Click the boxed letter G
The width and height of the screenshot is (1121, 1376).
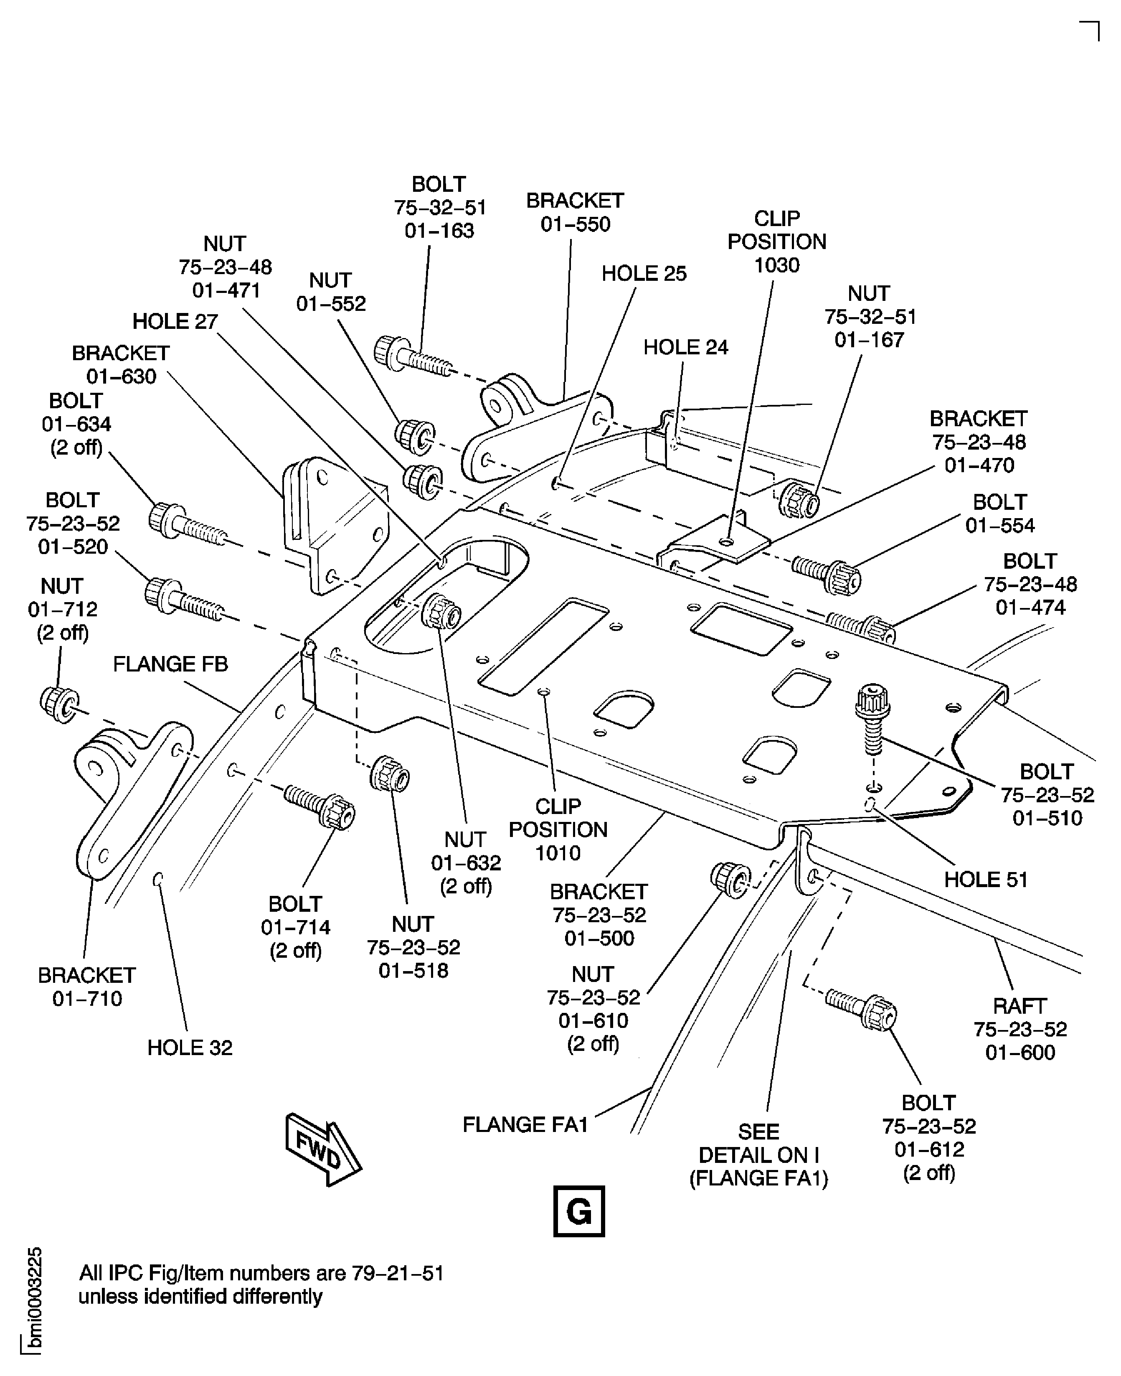click(x=578, y=1211)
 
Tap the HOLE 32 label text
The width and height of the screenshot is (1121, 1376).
click(x=190, y=1047)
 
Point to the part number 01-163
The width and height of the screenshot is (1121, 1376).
click(x=439, y=231)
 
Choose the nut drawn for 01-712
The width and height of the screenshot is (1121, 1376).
click(x=59, y=704)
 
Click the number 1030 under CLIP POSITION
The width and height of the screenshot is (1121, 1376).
click(x=777, y=265)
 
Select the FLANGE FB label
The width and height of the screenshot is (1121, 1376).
click(x=170, y=664)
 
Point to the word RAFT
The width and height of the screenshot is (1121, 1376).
click(x=1020, y=1006)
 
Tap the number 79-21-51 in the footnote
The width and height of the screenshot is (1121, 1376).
click(x=398, y=1273)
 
